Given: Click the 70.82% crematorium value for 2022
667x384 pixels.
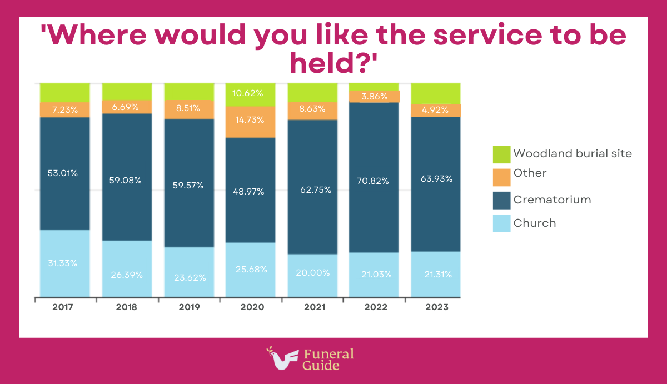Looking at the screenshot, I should [374, 181].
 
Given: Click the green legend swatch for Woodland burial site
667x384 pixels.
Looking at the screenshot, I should [501, 154].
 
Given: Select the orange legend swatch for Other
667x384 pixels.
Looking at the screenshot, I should [501, 177].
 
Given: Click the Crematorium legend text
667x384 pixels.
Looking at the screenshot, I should [552, 200].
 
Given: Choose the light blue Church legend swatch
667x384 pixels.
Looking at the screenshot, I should [501, 223].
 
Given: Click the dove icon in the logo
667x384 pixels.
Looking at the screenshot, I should [283, 359].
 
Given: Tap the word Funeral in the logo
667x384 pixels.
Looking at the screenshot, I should [328, 354].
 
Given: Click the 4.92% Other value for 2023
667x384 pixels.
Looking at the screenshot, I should [436, 109].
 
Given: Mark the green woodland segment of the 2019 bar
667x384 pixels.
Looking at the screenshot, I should [188, 91].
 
